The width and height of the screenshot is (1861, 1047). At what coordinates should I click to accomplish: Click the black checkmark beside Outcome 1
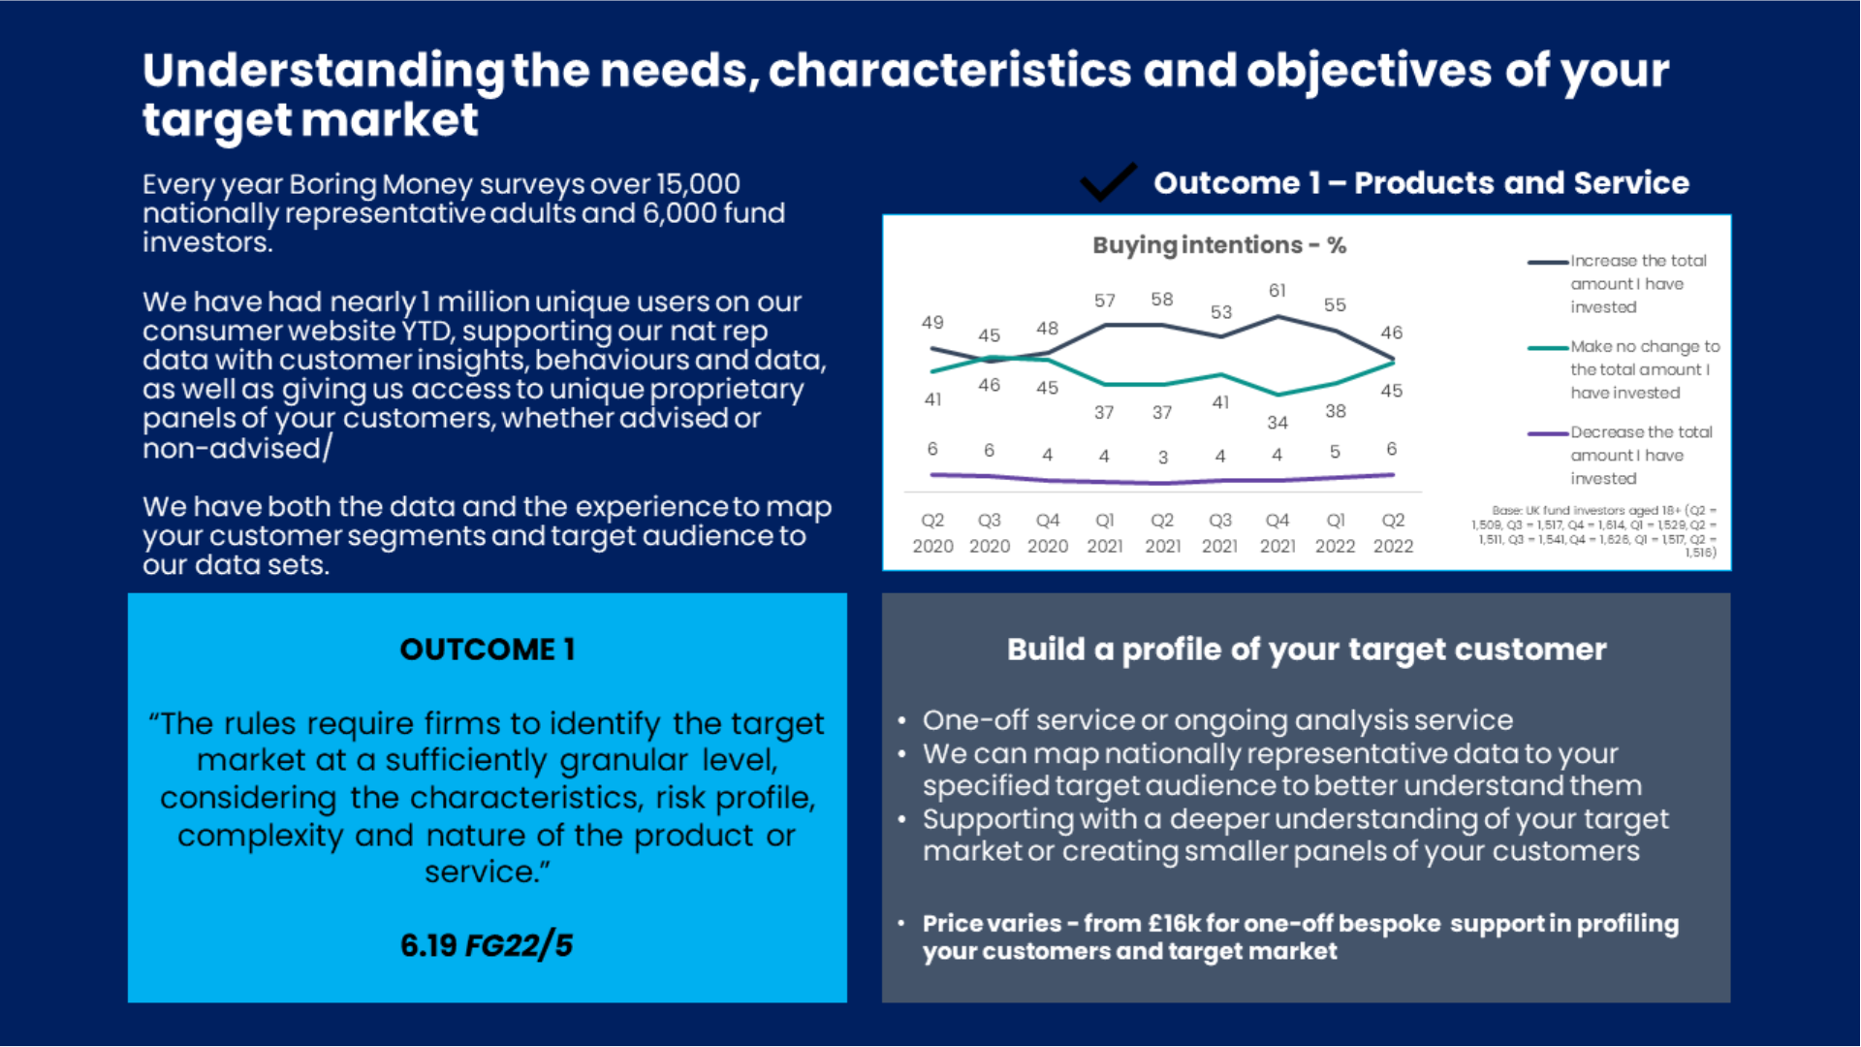click(1108, 181)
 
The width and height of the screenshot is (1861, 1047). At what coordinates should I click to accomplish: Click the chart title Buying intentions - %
click(1218, 245)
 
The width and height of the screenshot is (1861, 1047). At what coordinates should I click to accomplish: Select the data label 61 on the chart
click(1277, 291)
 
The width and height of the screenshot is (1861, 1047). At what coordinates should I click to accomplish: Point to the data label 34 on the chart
click(1277, 423)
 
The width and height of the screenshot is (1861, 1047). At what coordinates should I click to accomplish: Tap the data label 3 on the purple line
click(1162, 457)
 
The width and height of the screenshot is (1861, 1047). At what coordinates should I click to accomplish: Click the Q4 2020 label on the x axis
click(1047, 533)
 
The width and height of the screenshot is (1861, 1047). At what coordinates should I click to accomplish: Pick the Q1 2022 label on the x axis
click(1335, 533)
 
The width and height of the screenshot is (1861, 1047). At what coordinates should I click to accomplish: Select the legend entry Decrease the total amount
click(1640, 456)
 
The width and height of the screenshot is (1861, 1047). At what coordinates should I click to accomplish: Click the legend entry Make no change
click(1644, 369)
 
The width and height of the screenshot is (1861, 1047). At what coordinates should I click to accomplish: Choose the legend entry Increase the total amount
click(1637, 284)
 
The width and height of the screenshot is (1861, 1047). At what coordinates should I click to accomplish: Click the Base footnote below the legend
click(1594, 531)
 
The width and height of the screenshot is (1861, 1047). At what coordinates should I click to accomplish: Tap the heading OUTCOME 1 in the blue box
click(488, 650)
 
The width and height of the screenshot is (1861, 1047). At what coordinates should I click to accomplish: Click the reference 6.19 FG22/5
click(487, 945)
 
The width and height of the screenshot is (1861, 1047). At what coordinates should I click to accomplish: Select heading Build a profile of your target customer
click(1306, 650)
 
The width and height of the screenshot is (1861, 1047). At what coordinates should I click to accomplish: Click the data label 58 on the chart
click(1161, 300)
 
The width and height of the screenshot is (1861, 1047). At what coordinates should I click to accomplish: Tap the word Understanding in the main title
click(323, 72)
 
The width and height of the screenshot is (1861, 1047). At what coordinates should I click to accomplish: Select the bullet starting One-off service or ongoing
click(1217, 720)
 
